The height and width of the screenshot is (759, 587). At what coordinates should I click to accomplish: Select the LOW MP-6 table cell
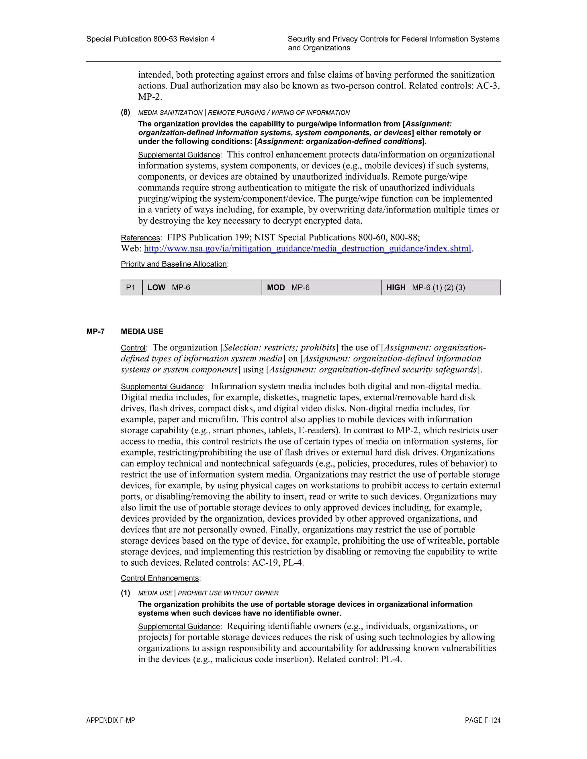pyautogui.click(x=202, y=287)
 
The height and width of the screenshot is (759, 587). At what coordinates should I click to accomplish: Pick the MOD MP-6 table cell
pyautogui.click(x=321, y=287)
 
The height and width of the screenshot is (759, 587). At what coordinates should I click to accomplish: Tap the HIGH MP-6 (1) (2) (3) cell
pyautogui.click(x=441, y=287)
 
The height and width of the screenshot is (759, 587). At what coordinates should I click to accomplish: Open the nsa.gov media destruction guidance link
pyautogui.click(x=308, y=249)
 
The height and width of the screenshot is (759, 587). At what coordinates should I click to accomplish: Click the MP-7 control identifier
pyautogui.click(x=95, y=332)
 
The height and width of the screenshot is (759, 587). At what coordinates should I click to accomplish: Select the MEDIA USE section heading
pyautogui.click(x=142, y=332)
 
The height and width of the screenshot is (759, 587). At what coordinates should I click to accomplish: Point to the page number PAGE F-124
pyautogui.click(x=482, y=720)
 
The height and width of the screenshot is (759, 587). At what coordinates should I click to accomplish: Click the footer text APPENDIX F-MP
pyautogui.click(x=111, y=720)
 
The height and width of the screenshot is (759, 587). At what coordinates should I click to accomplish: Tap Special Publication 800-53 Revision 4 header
pyautogui.click(x=150, y=39)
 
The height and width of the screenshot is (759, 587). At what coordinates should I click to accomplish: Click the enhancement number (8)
pyautogui.click(x=126, y=112)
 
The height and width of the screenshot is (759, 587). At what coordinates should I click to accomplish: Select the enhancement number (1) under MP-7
pyautogui.click(x=126, y=593)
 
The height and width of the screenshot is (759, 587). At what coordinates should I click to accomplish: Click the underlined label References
pyautogui.click(x=140, y=238)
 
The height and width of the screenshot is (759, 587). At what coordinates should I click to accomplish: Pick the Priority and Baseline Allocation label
pyautogui.click(x=173, y=264)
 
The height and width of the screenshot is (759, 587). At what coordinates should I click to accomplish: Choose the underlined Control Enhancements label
pyautogui.click(x=160, y=578)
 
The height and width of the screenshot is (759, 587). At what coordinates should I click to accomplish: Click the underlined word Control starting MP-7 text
pyautogui.click(x=133, y=348)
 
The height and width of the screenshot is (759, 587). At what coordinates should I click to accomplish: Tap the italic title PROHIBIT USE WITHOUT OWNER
pyautogui.click(x=228, y=593)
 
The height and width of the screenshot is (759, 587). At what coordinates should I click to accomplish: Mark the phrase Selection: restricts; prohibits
pyautogui.click(x=279, y=347)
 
